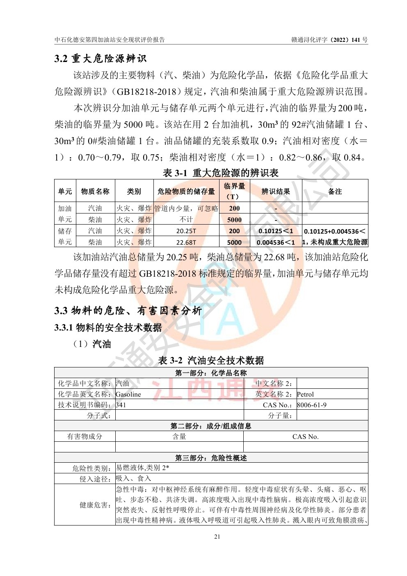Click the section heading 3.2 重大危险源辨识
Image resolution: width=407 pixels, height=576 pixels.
click(101, 59)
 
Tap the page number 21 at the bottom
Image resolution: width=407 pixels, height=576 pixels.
click(217, 537)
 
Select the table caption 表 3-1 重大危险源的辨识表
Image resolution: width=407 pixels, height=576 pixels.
click(221, 173)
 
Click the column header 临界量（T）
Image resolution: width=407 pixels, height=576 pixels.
click(234, 191)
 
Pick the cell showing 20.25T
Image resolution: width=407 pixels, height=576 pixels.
click(186, 231)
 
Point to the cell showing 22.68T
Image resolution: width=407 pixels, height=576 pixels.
click(186, 242)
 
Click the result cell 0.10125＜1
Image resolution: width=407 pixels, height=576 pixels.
click(276, 231)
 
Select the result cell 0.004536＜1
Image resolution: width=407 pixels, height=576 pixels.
click(276, 242)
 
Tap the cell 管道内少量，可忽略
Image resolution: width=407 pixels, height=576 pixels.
click(186, 209)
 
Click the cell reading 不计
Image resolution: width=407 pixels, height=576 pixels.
click(186, 220)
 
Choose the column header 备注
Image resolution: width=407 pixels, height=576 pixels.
click(335, 191)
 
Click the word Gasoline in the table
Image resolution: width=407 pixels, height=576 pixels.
click(128, 395)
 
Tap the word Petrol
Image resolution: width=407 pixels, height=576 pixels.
click(305, 395)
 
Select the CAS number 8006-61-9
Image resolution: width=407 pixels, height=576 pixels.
click(312, 405)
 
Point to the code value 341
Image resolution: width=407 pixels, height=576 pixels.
click(121, 405)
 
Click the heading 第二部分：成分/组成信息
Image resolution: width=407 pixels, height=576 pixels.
click(211, 426)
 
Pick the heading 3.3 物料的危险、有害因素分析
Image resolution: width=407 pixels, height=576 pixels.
click(128, 311)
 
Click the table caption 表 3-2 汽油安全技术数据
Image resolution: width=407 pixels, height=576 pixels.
click(211, 360)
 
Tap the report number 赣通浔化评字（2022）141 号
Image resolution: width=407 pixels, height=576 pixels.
click(329, 40)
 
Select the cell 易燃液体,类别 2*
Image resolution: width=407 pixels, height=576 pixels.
click(142, 468)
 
